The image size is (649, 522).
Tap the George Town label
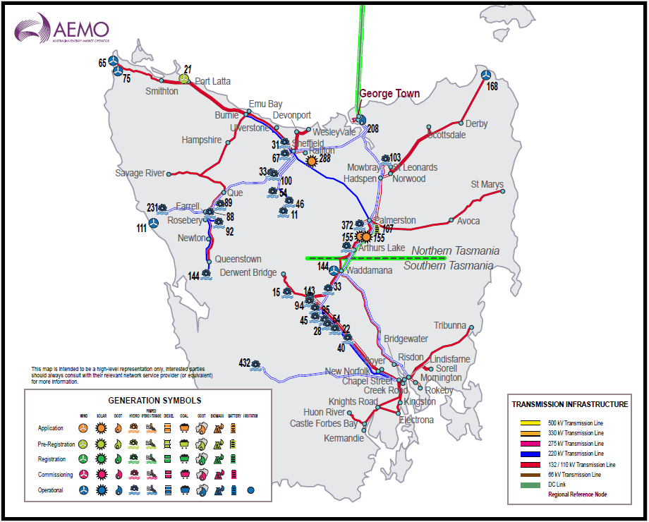389,93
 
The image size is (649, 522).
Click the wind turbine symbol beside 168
485,75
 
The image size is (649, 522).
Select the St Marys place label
487,185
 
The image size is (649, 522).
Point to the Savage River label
140,173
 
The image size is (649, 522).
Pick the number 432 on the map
244,363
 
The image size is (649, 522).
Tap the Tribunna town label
450,325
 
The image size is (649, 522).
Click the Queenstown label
238,259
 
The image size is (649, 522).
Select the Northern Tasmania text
455,251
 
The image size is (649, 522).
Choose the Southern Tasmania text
449,266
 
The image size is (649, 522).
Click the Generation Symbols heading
147,400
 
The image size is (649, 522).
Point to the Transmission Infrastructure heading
569,404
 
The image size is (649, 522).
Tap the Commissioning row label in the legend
51,475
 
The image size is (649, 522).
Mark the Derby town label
476,123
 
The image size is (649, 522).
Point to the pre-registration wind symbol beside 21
183,80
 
